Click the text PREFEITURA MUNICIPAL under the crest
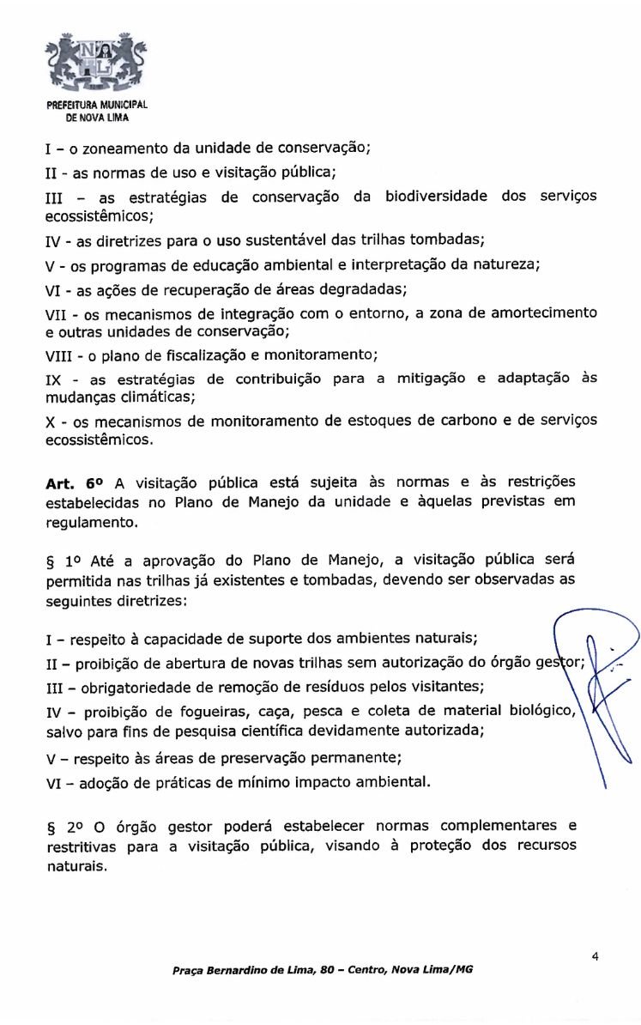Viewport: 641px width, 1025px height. [97, 105]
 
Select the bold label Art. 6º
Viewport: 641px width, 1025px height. [75, 483]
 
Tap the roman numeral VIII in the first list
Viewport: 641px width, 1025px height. [63, 355]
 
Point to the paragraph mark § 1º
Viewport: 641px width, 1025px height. [65, 561]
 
